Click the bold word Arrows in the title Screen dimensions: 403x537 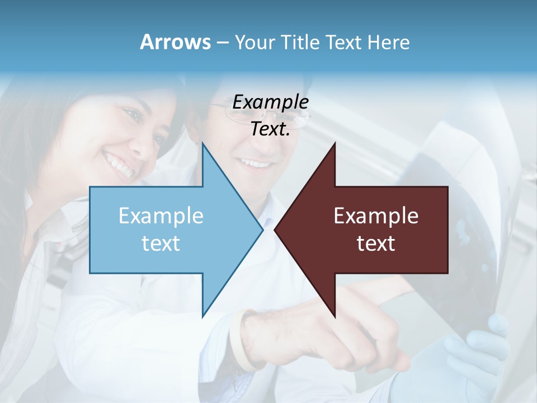pos(175,42)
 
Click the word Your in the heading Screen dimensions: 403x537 pos(255,43)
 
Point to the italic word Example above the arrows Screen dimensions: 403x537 pos(270,102)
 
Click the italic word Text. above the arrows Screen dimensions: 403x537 pos(270,129)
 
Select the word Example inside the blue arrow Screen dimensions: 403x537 pos(161,216)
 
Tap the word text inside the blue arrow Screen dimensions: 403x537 pos(161,243)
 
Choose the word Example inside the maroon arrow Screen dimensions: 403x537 pos(376,216)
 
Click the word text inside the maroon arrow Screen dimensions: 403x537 pos(376,243)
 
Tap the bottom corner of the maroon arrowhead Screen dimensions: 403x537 pos(335,316)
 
